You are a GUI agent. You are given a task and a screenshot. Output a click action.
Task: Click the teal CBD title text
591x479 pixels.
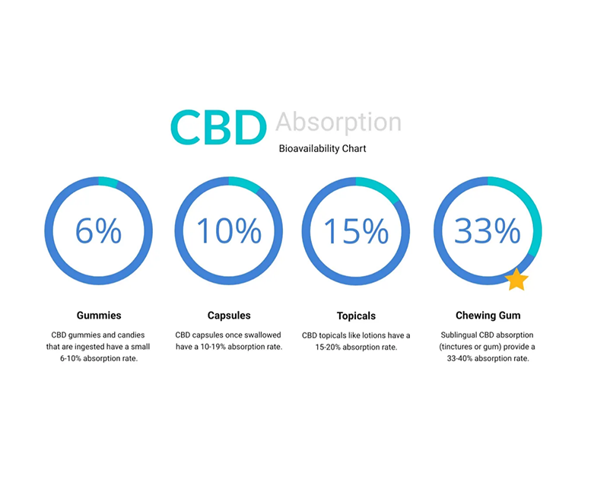218,128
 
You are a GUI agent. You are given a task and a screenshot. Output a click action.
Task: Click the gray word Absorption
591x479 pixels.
338,122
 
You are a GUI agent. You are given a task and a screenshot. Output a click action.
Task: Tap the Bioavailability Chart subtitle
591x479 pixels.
323,148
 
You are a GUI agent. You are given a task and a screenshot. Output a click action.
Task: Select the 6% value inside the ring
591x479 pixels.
98,230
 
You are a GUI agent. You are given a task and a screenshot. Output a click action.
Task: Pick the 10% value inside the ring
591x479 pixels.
229,230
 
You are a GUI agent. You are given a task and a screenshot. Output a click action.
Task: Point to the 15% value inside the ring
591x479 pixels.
356,230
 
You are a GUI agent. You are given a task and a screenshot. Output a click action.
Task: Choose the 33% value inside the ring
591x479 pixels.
488,230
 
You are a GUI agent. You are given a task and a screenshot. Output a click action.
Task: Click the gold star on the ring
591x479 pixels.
516,280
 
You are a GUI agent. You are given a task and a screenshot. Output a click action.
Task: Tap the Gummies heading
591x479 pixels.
99,315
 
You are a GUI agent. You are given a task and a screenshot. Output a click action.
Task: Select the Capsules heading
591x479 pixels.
229,315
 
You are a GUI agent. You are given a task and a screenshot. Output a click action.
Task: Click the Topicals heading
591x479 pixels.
356,316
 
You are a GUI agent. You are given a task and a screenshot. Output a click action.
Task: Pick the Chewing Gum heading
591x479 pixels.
488,315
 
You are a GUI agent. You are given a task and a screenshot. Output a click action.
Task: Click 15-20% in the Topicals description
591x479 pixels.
328,347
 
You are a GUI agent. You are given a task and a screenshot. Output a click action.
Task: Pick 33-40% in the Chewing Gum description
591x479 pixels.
459,358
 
